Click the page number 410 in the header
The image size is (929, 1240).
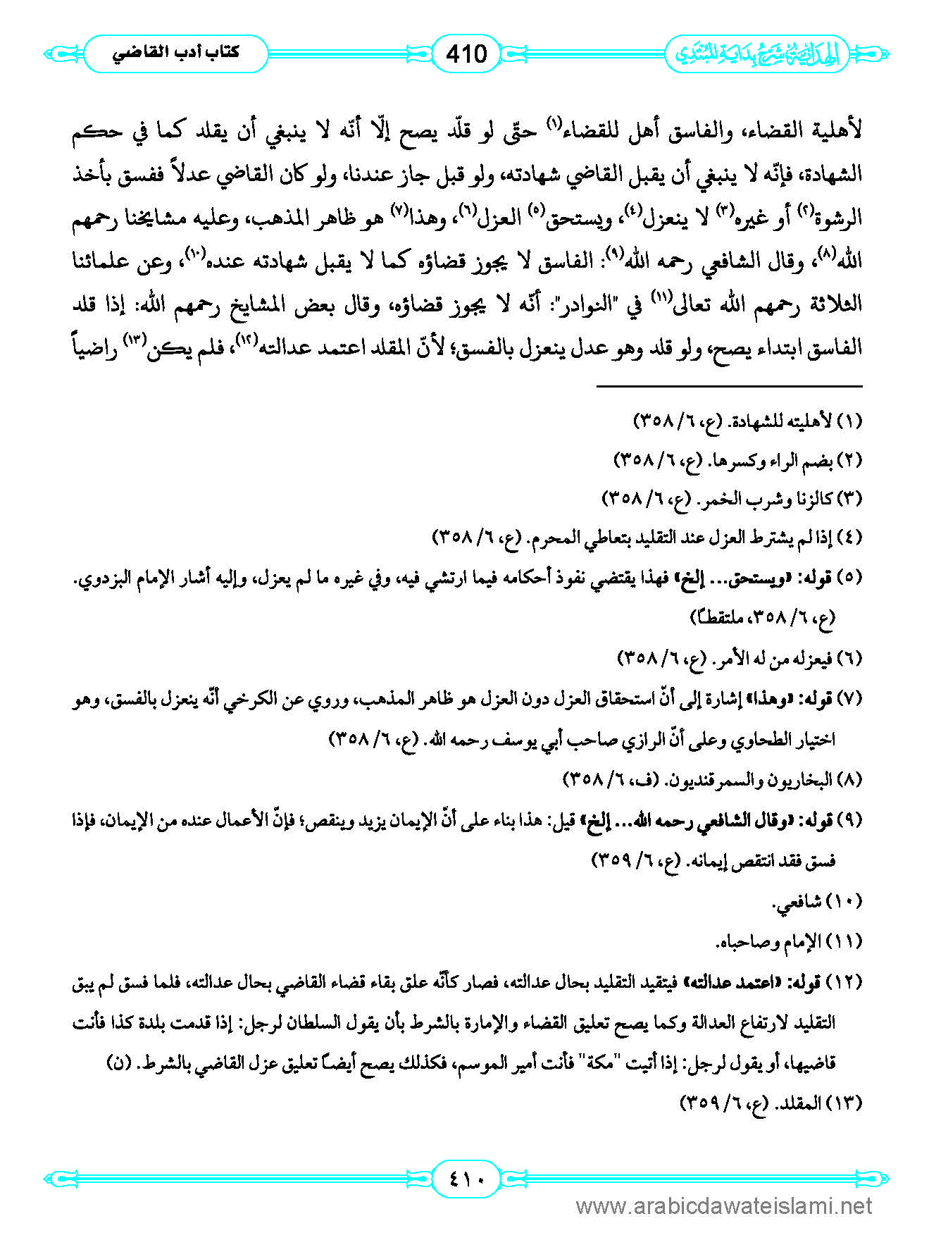click(x=466, y=54)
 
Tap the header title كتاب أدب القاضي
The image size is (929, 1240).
click(x=176, y=53)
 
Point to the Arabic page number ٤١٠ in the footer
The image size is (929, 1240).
click(x=466, y=1178)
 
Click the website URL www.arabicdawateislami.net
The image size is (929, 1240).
click(x=724, y=1206)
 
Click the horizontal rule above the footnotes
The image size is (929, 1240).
click(x=729, y=386)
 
